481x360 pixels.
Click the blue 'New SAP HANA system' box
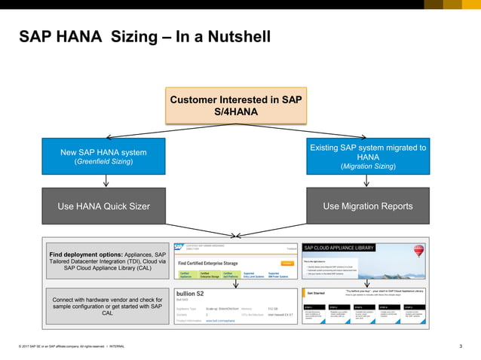click(x=103, y=157)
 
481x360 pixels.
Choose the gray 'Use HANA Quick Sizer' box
click(x=103, y=206)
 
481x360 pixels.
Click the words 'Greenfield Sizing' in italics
click(x=103, y=162)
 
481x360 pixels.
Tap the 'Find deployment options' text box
click(x=107, y=261)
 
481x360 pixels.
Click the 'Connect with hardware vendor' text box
click(x=107, y=307)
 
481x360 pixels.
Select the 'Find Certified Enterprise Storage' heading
click(x=210, y=263)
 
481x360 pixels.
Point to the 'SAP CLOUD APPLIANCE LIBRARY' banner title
click(x=339, y=247)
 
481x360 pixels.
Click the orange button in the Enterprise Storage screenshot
click(x=286, y=263)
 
